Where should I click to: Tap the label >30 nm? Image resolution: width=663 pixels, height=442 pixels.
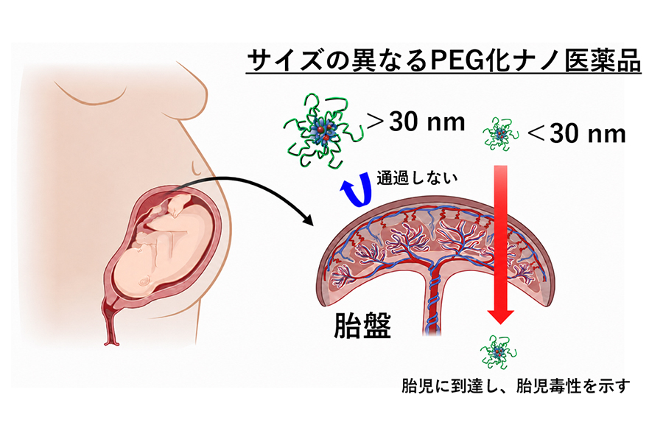pos(416,122)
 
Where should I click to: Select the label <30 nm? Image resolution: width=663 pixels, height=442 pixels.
pos(577,133)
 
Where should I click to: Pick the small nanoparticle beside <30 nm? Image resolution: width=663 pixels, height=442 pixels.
pos(501,133)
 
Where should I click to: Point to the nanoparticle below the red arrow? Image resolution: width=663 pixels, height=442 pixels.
pos(499,351)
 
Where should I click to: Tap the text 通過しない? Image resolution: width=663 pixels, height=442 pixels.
pos(417,178)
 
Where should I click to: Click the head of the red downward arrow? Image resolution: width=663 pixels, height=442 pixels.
pos(501,317)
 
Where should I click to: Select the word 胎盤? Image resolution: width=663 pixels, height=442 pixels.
pos(362,326)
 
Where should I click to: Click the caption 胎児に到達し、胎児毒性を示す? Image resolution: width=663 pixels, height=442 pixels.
pos(516,386)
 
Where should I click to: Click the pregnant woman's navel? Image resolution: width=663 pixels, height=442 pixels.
pos(197,168)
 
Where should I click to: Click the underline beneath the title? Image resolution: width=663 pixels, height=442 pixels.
pos(444,74)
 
